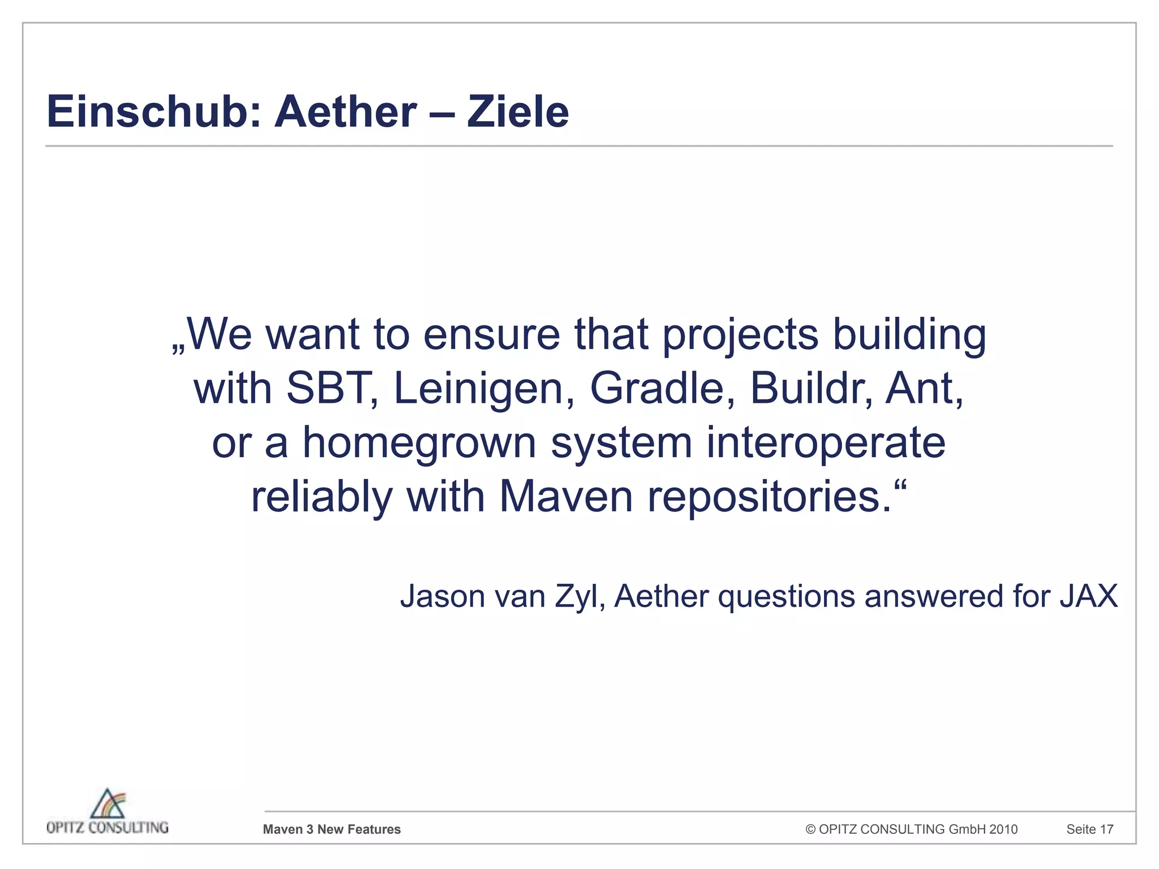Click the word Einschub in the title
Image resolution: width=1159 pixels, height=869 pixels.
pos(153,112)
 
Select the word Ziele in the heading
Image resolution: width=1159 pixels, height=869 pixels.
pos(517,112)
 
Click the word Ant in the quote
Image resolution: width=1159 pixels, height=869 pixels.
pos(922,389)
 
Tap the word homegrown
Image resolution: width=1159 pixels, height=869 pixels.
pos(419,443)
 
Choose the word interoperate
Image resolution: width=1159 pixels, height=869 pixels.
pos(826,443)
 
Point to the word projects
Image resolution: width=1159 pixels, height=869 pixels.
pos(740,335)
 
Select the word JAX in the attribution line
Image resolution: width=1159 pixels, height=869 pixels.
pos(1088,597)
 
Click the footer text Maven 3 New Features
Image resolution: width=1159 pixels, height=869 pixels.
pos(332,829)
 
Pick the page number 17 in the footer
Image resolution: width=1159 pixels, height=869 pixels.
pos(1106,829)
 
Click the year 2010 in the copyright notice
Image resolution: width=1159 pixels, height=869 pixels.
pos(1003,829)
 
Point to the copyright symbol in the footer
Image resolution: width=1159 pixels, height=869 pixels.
pos(810,829)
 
